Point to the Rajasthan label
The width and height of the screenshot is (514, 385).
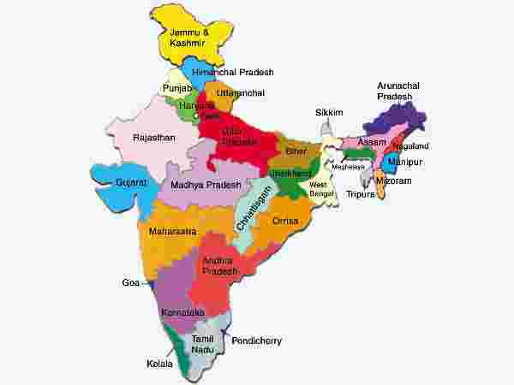[x=155, y=137]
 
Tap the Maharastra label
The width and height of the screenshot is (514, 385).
[x=172, y=231]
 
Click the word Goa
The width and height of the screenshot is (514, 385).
[x=130, y=281]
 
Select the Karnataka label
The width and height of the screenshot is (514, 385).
[x=183, y=313]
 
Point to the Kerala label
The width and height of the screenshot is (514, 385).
[x=159, y=364]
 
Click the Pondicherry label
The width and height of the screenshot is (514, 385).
[x=257, y=341]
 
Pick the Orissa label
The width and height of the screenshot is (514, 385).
[x=284, y=221]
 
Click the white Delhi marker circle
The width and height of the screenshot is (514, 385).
[x=196, y=115]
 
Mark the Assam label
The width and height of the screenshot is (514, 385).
[x=373, y=141]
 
